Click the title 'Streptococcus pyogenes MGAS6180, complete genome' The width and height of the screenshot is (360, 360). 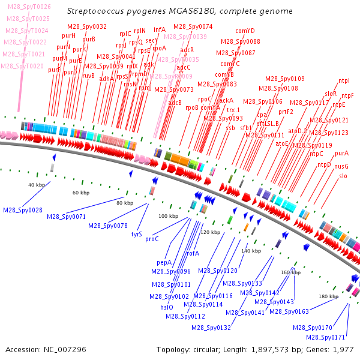[180, 11]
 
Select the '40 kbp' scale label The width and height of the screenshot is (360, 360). [37, 185]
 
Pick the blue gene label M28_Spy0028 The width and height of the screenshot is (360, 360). [23, 210]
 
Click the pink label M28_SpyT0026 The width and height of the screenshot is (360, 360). [29, 7]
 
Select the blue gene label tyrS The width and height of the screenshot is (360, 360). [136, 234]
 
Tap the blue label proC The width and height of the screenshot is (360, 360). [152, 239]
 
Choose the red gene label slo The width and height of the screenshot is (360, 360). [343, 176]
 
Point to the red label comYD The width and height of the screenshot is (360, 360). [245, 31]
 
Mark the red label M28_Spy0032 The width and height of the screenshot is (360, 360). [87, 26]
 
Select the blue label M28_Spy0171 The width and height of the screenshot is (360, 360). [326, 337]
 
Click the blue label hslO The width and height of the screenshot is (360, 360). [166, 307]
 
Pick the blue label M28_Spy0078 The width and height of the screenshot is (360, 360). [107, 226]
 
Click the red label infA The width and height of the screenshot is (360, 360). [160, 29]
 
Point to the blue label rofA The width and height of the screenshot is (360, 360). [193, 254]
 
